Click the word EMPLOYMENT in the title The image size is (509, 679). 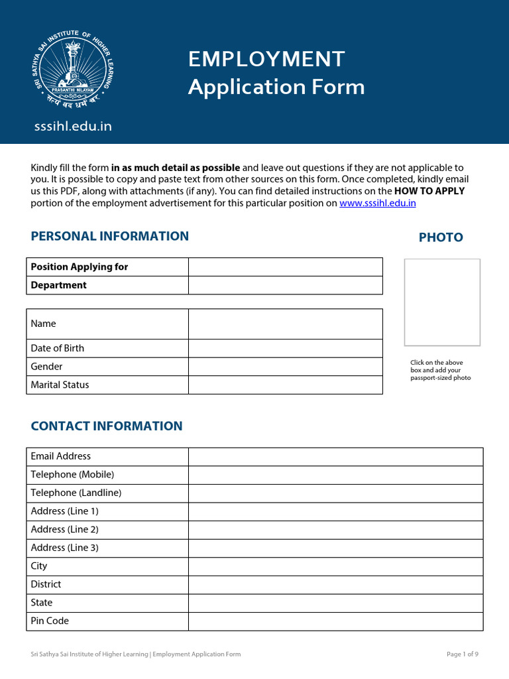coord(266,59)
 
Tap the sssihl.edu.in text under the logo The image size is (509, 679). coord(73,126)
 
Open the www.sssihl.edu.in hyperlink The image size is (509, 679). coord(378,204)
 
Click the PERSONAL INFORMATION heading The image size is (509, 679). coord(110,236)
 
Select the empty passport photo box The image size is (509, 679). coord(442,302)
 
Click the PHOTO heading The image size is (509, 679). coord(441,237)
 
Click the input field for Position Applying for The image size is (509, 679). coord(285,267)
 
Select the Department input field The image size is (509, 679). coord(285,285)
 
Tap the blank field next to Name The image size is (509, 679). coord(285,324)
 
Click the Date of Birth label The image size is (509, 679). coord(58,348)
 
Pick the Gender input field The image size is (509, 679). coord(285,367)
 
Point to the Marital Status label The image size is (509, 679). coord(60,385)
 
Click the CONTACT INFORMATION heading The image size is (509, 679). coord(107,426)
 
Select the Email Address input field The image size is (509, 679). coord(335,456)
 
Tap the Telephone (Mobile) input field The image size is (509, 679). coord(335,475)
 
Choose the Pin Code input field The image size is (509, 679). coord(335,621)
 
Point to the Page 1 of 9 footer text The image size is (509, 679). coord(462,654)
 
